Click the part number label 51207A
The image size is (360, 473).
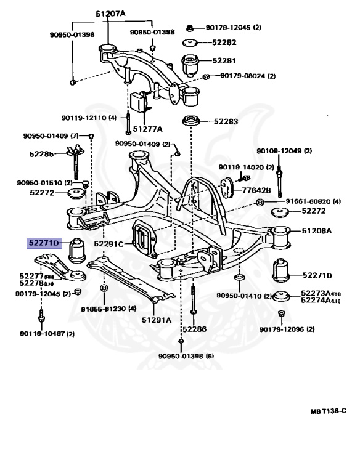(112, 13)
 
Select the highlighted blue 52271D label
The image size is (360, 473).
(44, 243)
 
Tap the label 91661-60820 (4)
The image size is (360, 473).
(304, 201)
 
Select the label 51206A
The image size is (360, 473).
(316, 231)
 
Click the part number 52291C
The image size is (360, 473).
(110, 244)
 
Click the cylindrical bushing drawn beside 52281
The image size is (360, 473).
(192, 62)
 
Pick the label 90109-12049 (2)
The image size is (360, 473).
(284, 150)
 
